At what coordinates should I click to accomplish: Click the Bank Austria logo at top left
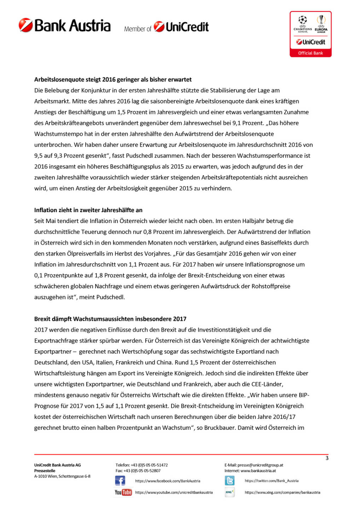point(65,25)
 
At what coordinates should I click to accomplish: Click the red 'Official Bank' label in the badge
point(310,53)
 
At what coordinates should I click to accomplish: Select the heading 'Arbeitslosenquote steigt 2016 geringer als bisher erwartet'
point(113,80)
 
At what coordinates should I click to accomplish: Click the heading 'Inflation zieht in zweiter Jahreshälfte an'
point(88,210)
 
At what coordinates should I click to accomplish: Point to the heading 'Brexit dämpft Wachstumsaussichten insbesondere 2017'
point(110,319)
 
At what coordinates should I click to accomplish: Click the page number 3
point(327,458)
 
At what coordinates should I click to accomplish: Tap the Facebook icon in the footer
point(120,481)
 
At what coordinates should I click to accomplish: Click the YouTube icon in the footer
point(123,492)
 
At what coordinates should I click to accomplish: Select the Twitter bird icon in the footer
point(230,481)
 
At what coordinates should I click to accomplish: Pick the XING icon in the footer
point(230,492)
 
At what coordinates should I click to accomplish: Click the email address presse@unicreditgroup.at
point(260,465)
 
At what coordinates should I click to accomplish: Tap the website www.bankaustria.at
point(258,471)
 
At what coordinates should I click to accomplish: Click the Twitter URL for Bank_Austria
point(272,481)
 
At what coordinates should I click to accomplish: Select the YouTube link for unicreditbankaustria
point(174,492)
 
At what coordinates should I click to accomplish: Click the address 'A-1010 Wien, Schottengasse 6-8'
point(62,476)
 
